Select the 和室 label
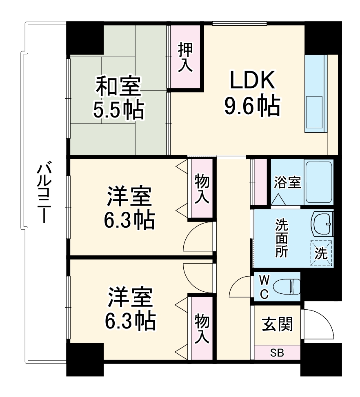click(x=118, y=86)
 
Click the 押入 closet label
click(x=186, y=57)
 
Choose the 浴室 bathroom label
click(x=287, y=182)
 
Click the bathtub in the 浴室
click(x=319, y=182)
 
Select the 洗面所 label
click(x=281, y=238)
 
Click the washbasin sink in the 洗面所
click(x=323, y=223)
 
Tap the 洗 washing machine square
click(x=322, y=253)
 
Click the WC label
click(x=264, y=287)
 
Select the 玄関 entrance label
click(x=278, y=325)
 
